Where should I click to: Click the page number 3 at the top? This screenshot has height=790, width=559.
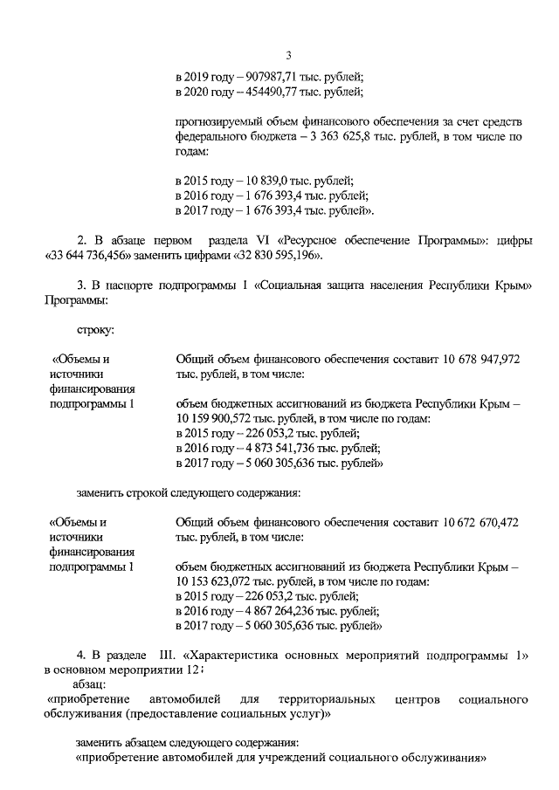(x=287, y=57)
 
